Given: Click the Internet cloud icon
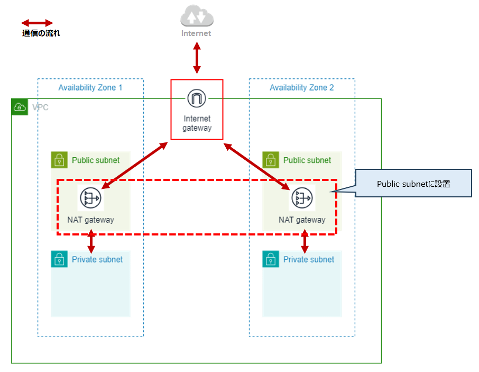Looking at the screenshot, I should pyautogui.click(x=197, y=17).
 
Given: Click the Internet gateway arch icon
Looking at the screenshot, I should pyautogui.click(x=197, y=98).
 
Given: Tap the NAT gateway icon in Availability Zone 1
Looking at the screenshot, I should pyautogui.click(x=90, y=198).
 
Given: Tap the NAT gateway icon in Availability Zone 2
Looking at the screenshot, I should pyautogui.click(x=302, y=198).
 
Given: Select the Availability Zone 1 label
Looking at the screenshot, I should pyautogui.click(x=90, y=87).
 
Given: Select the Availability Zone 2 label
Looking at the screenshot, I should pyautogui.click(x=302, y=87).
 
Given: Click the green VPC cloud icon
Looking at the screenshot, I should pyautogui.click(x=20, y=107).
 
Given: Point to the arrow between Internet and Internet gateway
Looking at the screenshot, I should pyautogui.click(x=197, y=58).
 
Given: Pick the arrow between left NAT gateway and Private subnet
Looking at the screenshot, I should pyautogui.click(x=91, y=241).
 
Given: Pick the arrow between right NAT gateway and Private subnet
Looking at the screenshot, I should pyautogui.click(x=305, y=241).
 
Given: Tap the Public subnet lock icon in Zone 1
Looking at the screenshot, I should pyautogui.click(x=59, y=160).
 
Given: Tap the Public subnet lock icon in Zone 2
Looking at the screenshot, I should pyautogui.click(x=271, y=160).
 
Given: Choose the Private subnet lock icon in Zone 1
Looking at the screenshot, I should pyautogui.click(x=59, y=259).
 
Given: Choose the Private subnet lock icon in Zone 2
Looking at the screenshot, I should pyautogui.click(x=271, y=259).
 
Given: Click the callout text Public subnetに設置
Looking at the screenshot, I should pyautogui.click(x=413, y=184).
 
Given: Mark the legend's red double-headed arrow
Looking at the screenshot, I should pyautogui.click(x=37, y=23).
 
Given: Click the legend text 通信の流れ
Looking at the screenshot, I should pyautogui.click(x=41, y=33).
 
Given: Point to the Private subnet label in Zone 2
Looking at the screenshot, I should pyautogui.click(x=309, y=259).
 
